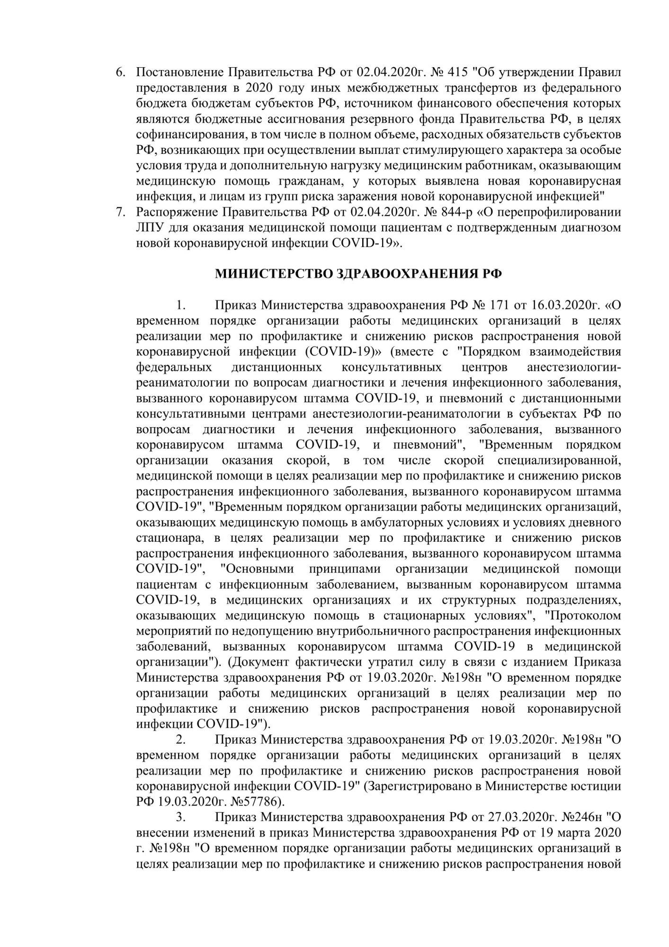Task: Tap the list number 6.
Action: coord(121,72)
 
